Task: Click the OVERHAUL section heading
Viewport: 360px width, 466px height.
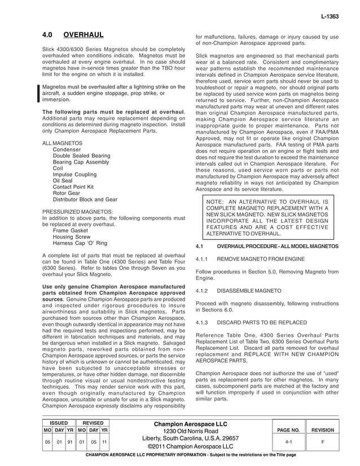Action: pyautogui.click(x=83, y=35)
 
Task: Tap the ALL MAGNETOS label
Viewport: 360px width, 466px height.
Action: pyautogui.click(x=63, y=144)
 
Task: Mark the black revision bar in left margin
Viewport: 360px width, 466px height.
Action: pyautogui.click(x=38, y=93)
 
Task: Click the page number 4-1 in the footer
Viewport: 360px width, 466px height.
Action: pyautogui.click(x=288, y=442)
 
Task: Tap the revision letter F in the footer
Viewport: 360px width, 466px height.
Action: pyautogui.click(x=323, y=442)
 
